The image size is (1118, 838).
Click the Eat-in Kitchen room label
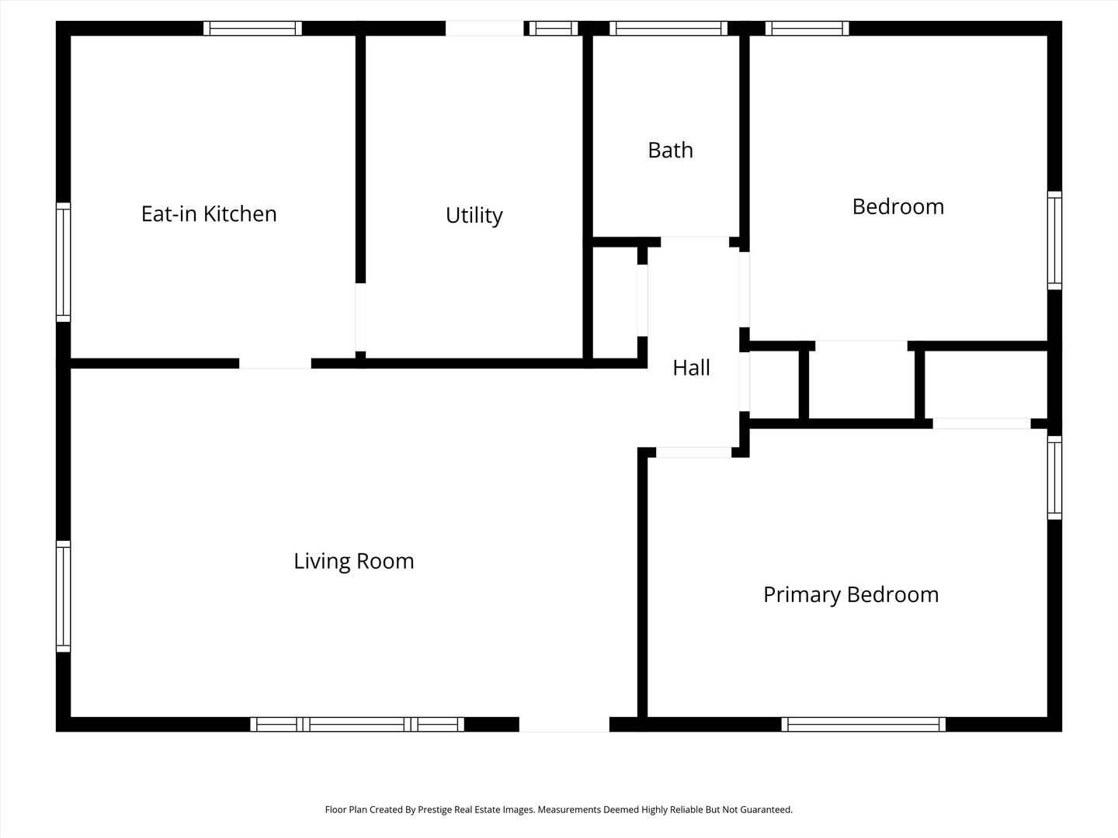tap(209, 213)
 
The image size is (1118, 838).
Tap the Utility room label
tap(474, 215)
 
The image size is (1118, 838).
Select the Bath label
tap(670, 150)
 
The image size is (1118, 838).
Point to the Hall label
tap(691, 368)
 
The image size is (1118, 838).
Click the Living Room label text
tap(353, 561)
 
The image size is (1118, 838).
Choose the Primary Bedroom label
tap(851, 594)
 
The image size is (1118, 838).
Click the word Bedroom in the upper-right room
tap(898, 206)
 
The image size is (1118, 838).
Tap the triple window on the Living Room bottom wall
tap(357, 725)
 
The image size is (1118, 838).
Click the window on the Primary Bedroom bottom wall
tap(863, 725)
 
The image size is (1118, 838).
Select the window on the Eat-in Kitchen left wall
tap(64, 262)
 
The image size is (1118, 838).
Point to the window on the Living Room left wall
tap(64, 596)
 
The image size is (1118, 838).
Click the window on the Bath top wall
tap(668, 29)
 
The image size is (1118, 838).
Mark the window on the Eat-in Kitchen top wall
tap(252, 29)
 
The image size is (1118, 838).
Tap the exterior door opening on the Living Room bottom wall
tap(564, 725)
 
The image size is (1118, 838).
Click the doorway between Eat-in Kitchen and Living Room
tap(275, 363)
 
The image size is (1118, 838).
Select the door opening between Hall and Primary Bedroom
tap(693, 452)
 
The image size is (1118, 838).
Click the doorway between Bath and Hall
tap(694, 241)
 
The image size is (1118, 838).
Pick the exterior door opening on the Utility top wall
tap(484, 29)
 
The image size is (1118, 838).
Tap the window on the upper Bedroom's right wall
tap(1054, 241)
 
